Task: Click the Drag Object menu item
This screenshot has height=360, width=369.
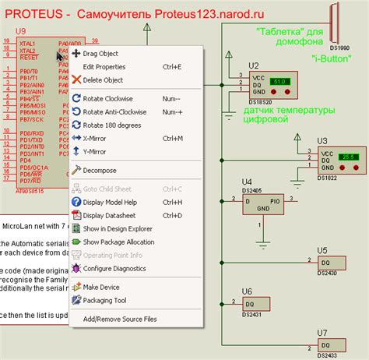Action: tap(101, 54)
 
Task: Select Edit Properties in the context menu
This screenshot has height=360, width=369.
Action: tap(104, 67)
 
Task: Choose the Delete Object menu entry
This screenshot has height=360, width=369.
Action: tap(103, 79)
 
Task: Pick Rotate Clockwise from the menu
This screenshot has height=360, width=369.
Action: tap(110, 98)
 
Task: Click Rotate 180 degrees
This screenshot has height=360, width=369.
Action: tap(114, 125)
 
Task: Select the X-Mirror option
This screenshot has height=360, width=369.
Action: tap(96, 138)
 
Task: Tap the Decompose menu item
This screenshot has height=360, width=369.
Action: tap(100, 170)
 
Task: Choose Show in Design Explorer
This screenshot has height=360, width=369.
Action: tap(118, 228)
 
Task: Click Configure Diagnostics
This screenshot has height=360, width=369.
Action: tap(114, 268)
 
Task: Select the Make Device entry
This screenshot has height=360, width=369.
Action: tap(101, 287)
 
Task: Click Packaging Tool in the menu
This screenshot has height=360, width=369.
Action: tap(104, 300)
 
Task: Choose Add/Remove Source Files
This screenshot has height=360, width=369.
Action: tap(119, 319)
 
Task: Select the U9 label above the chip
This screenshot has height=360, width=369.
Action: tap(20, 32)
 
